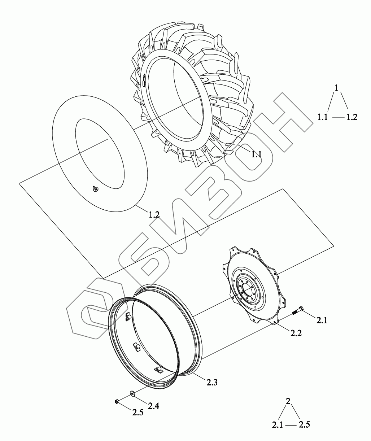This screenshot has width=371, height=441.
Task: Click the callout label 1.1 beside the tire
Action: (x=256, y=154)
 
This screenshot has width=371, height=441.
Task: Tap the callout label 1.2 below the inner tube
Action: (x=154, y=215)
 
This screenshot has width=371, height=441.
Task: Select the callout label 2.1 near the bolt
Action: (x=322, y=320)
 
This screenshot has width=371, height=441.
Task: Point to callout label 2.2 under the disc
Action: (x=296, y=333)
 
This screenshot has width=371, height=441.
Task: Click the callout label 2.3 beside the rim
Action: (x=212, y=383)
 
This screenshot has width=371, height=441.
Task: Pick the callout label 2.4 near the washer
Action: (x=153, y=406)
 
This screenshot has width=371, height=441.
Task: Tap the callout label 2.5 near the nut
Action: (x=138, y=412)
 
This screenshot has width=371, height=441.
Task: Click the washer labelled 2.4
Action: (x=133, y=393)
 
